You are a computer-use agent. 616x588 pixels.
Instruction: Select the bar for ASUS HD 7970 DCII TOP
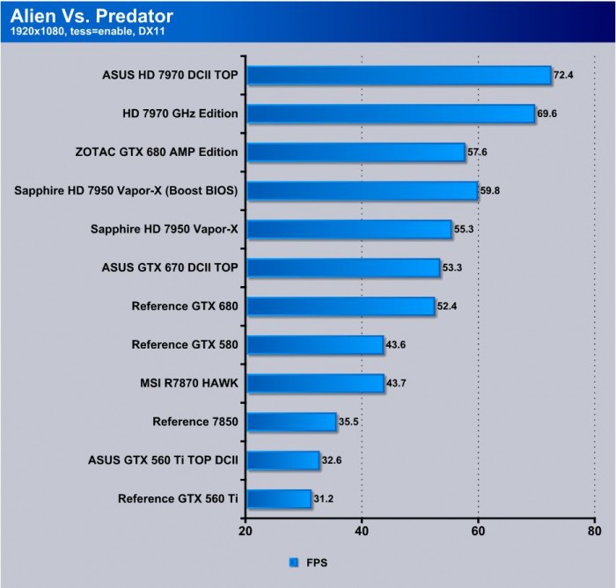[398, 75]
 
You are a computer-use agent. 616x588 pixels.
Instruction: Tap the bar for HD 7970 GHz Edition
[390, 114]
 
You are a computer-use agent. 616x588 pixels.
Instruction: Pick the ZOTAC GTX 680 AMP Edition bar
[356, 152]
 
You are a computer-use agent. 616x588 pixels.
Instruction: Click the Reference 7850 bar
[291, 422]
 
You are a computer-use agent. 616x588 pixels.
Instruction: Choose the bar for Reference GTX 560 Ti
[278, 499]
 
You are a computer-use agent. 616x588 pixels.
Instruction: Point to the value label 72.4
[563, 76]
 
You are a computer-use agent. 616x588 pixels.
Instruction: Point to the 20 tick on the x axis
[246, 531]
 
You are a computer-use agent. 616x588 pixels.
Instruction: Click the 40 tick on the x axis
[362, 531]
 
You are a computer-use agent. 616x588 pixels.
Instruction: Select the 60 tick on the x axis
[478, 531]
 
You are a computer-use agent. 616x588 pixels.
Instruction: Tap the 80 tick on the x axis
[594, 531]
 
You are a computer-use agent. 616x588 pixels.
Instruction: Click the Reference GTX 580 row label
[185, 344]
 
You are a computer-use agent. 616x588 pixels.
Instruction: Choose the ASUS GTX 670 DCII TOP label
[170, 268]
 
